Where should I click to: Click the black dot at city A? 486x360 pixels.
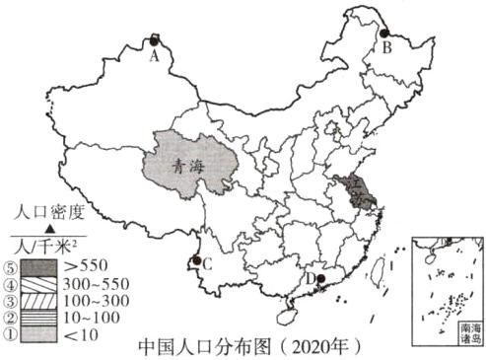point(154,40)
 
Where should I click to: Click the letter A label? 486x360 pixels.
point(154,56)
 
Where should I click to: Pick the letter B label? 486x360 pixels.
point(387,46)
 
